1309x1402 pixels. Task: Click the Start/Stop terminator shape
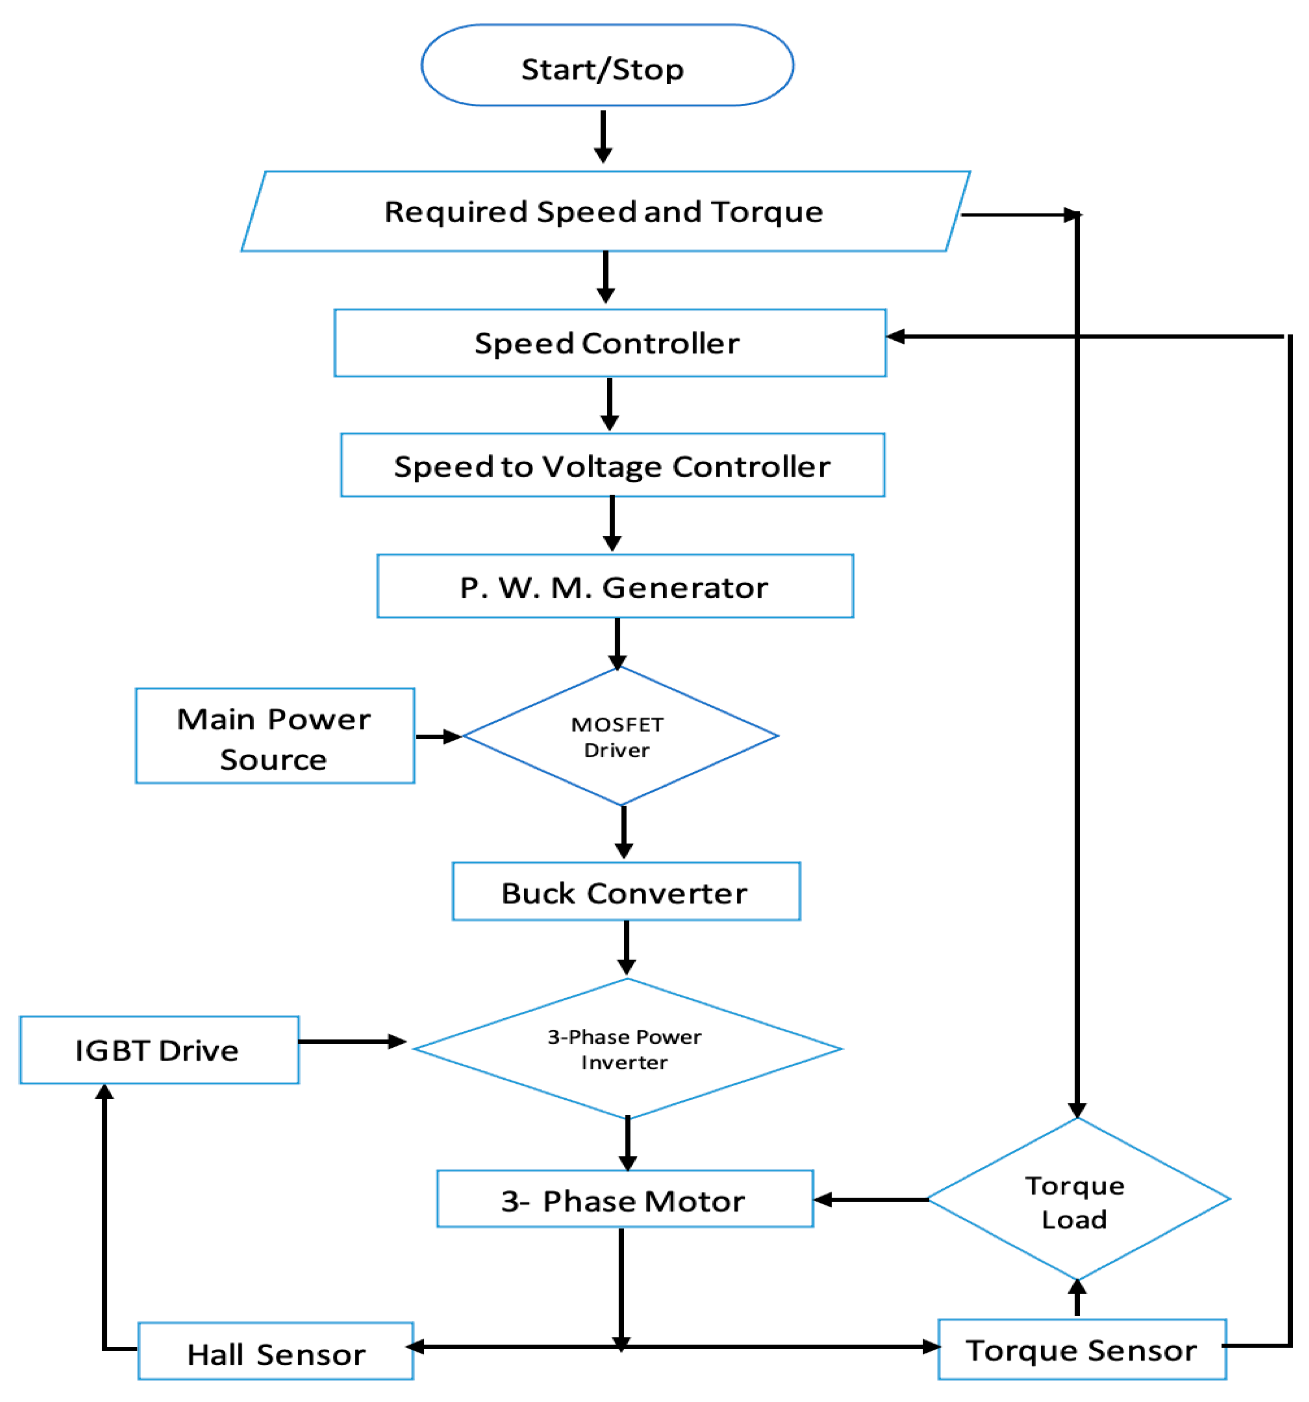(607, 66)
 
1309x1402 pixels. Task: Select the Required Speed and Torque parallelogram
(605, 211)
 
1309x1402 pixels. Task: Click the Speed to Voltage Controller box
(612, 465)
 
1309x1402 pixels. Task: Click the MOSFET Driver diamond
(619, 736)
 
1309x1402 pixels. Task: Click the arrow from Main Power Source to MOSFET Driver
(438, 736)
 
